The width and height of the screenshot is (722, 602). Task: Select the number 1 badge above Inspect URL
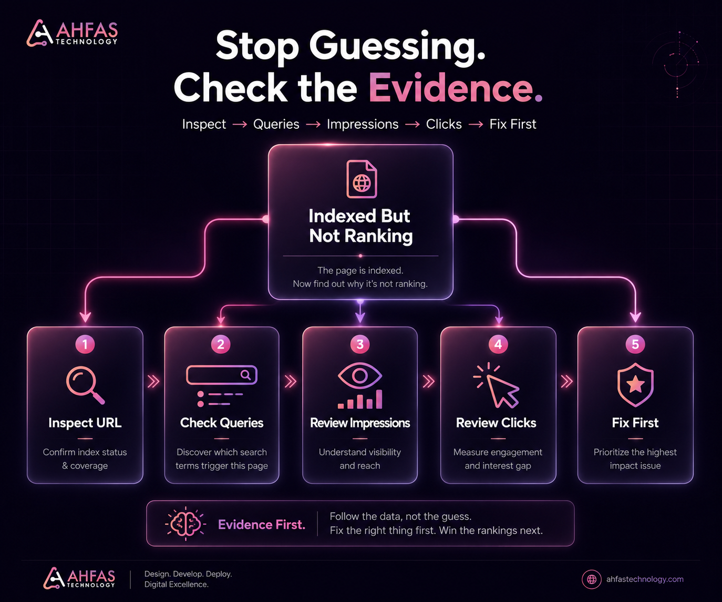(x=85, y=344)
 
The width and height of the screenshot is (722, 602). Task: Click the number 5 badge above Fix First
(x=635, y=344)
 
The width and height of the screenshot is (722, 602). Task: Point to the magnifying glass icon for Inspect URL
(x=85, y=385)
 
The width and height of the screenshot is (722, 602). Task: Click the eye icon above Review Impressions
(x=360, y=376)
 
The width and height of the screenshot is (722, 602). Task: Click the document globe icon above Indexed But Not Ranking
(x=362, y=179)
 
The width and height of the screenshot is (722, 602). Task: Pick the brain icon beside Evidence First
(x=185, y=524)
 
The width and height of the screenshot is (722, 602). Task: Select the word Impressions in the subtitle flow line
(x=363, y=124)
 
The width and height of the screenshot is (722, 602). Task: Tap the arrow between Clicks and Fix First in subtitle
(x=476, y=124)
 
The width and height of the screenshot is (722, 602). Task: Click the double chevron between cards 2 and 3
(x=291, y=382)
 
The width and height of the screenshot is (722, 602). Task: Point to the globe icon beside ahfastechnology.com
(x=592, y=579)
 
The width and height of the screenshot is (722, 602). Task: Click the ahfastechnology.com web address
(x=645, y=579)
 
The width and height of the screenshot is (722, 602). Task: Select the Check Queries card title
(x=222, y=423)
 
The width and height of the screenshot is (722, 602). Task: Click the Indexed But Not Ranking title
(x=360, y=226)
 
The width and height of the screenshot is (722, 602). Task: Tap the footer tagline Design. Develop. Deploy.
(x=188, y=574)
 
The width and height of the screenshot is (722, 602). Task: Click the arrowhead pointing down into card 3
(x=360, y=318)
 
